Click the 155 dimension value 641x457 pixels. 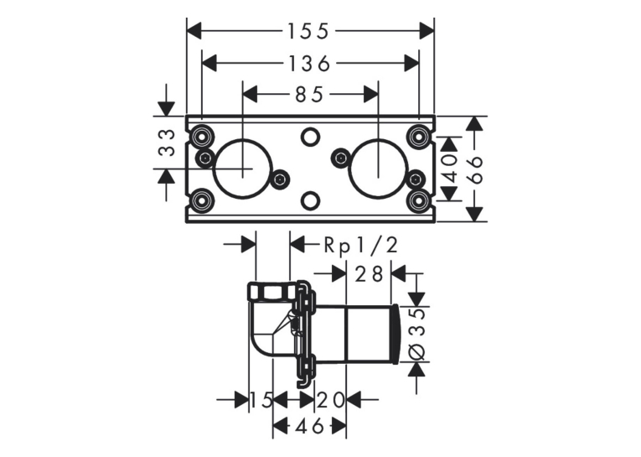point(308,32)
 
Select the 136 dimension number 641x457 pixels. point(309,64)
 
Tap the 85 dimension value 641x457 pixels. point(309,95)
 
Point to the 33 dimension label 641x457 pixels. point(167,143)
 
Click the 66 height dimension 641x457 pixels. point(474,169)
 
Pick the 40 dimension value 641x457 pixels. point(449,169)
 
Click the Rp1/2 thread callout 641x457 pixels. point(360,246)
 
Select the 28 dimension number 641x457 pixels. point(369,274)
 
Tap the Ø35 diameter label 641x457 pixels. point(417,335)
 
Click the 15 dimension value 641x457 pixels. point(261,400)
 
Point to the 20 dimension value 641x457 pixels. point(330,400)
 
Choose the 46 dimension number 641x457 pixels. point(309,427)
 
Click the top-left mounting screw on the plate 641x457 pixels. point(201,136)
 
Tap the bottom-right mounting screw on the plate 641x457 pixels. point(419,200)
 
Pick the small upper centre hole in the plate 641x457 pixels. point(310,137)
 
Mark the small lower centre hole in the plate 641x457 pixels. point(310,200)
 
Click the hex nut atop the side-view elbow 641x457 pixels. point(272,291)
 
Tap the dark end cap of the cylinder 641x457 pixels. point(396,335)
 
